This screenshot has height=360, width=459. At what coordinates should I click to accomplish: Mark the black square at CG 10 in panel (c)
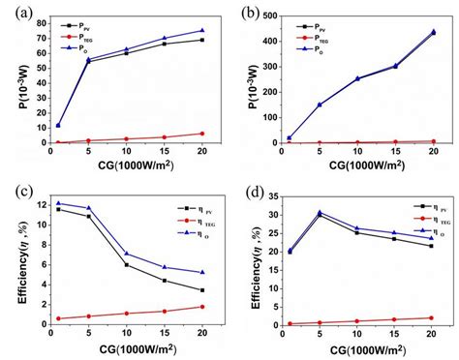pos(126,264)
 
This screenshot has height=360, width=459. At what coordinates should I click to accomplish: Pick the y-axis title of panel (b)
pos(256,78)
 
